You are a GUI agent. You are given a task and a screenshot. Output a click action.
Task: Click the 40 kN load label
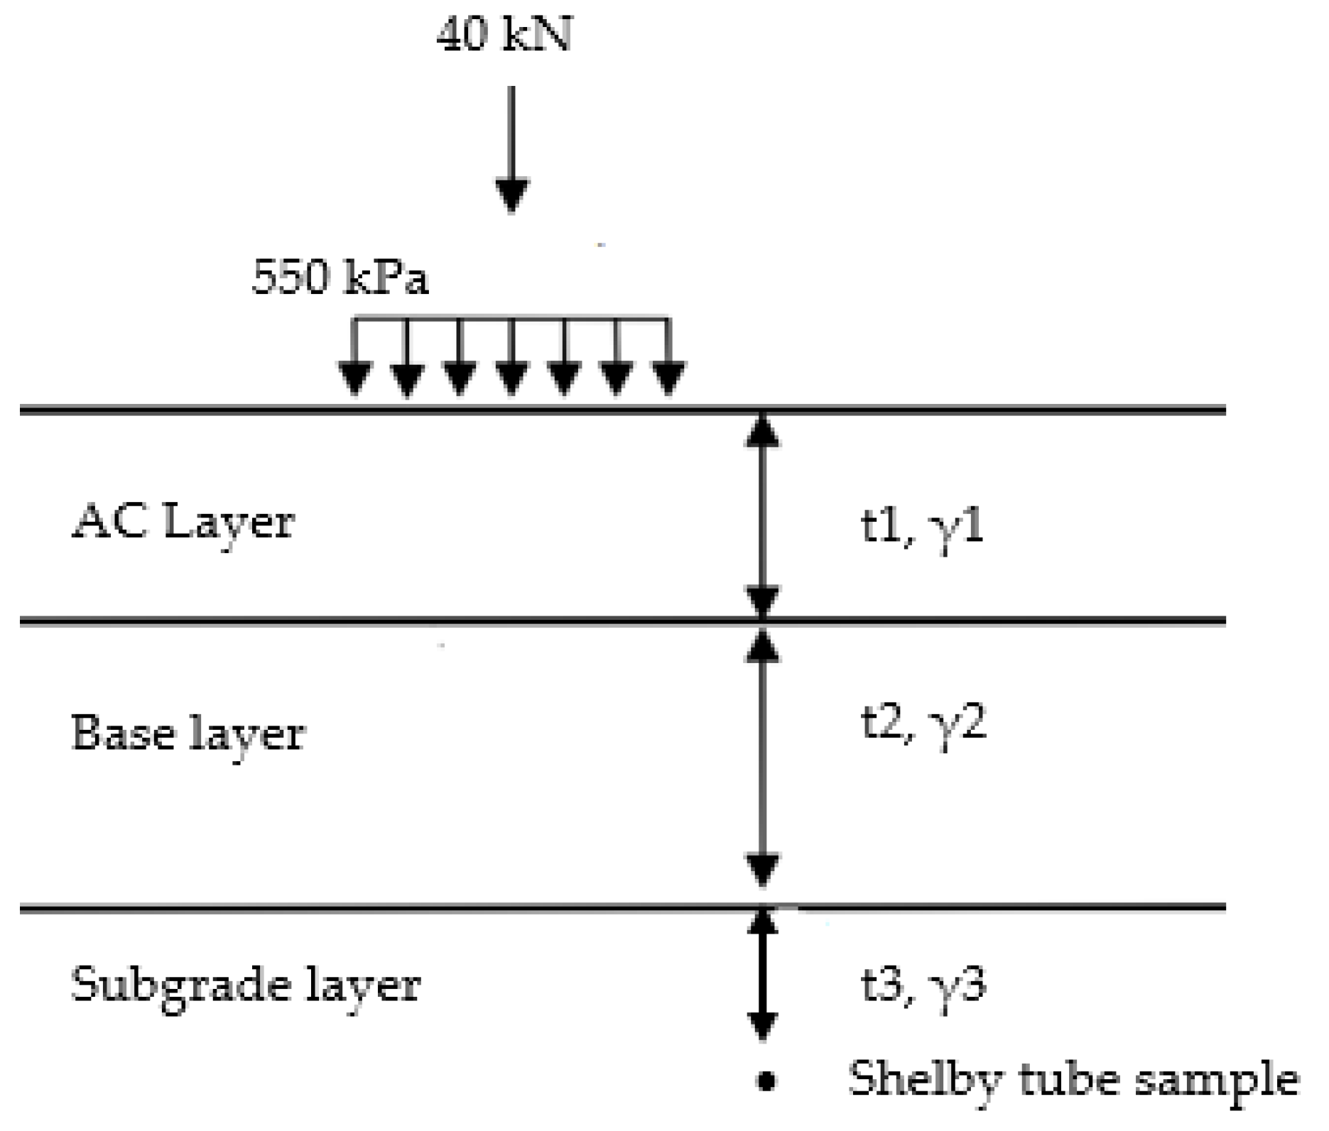click(x=504, y=34)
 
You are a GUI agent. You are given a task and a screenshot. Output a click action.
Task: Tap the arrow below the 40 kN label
click(x=511, y=149)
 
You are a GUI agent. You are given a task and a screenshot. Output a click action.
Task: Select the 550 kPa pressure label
click(x=340, y=276)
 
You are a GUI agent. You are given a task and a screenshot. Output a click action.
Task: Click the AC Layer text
click(x=183, y=523)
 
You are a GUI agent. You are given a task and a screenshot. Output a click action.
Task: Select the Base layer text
click(x=188, y=734)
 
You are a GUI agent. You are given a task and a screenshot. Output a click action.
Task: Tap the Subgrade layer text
click(x=246, y=986)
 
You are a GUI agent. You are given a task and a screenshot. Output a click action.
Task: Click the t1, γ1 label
click(x=922, y=528)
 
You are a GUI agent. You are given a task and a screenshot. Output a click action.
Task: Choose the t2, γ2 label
click(x=923, y=725)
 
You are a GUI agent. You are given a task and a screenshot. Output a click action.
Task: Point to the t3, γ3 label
click(x=923, y=986)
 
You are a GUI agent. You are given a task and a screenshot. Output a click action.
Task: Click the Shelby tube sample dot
click(x=765, y=1081)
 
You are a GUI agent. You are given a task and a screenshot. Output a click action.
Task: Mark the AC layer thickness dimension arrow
click(x=762, y=515)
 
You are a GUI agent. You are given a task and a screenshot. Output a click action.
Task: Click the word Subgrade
click(x=181, y=986)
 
